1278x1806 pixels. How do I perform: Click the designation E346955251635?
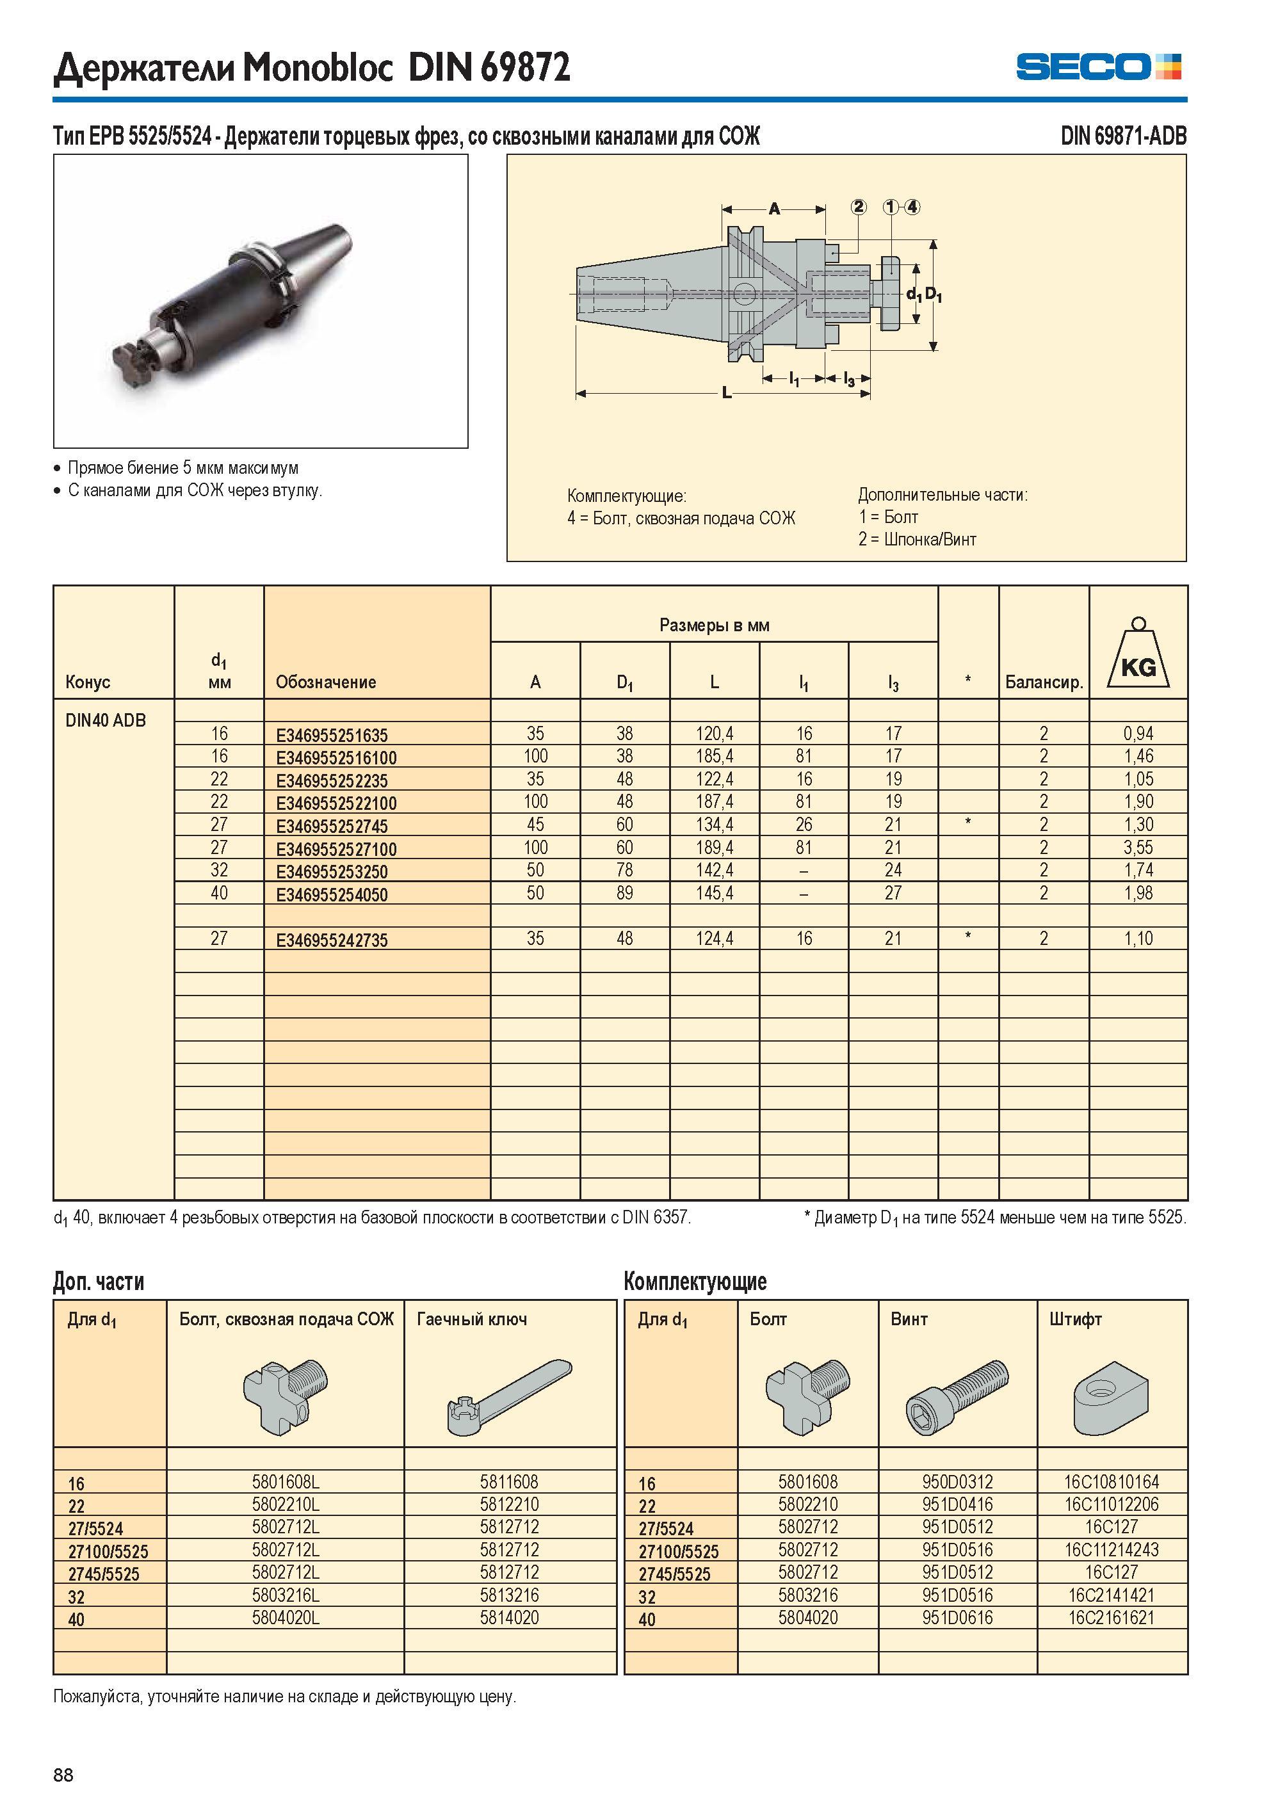click(x=331, y=735)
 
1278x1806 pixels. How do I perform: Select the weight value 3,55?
click(x=1138, y=848)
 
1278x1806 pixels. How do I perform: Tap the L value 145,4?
click(x=715, y=893)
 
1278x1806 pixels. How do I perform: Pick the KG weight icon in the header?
click(x=1138, y=652)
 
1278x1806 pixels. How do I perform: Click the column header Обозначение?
click(x=326, y=682)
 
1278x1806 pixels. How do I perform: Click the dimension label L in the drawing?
click(x=726, y=392)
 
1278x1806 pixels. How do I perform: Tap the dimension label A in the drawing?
click(x=774, y=209)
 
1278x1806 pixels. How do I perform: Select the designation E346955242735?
click(x=331, y=940)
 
